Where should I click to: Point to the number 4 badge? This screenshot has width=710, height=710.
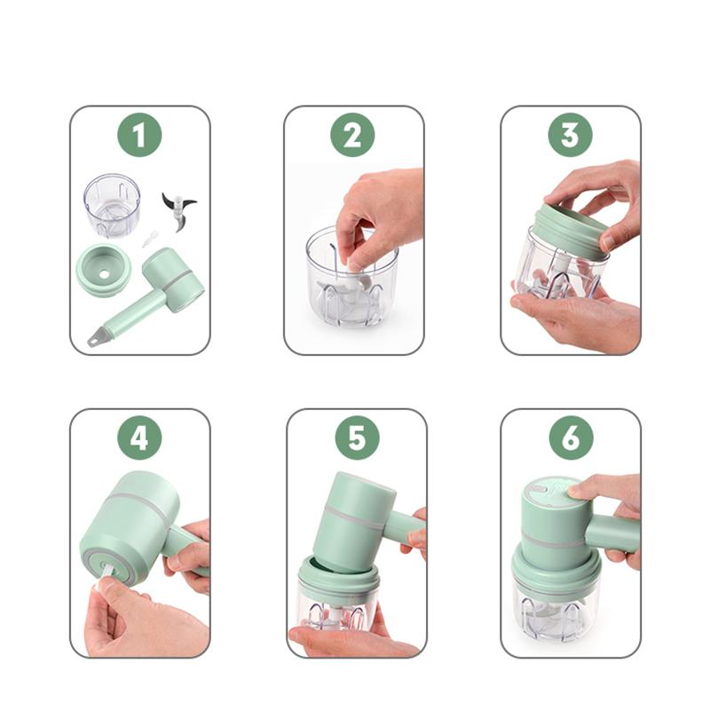139,438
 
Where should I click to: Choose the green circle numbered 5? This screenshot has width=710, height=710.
357,438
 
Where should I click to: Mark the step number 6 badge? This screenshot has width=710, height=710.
570,438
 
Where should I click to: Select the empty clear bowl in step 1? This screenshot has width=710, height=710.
112,204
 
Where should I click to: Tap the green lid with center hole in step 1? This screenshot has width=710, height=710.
104,270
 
